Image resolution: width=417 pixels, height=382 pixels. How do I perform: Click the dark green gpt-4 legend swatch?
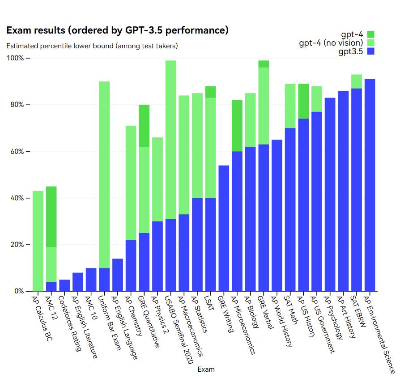(370, 34)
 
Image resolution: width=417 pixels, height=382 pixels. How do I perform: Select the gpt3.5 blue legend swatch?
(370, 51)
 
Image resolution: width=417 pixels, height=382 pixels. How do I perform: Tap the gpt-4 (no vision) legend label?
(331, 43)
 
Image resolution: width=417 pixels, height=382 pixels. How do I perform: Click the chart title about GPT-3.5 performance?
(117, 30)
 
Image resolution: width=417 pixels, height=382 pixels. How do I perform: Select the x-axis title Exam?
(206, 369)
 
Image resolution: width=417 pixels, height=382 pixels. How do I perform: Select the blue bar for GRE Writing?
(224, 228)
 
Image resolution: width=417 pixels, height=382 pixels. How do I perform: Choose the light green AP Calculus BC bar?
(38, 241)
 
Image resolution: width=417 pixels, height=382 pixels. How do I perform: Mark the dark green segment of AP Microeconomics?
(237, 126)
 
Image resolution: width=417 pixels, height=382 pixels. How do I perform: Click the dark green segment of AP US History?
(303, 101)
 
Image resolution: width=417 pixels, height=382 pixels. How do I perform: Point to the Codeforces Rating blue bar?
(64, 285)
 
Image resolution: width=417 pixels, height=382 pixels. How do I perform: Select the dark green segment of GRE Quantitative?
(144, 126)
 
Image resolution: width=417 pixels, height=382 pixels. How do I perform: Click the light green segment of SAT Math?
(290, 106)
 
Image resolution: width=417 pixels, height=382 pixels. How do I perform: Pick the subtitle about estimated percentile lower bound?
(92, 46)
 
